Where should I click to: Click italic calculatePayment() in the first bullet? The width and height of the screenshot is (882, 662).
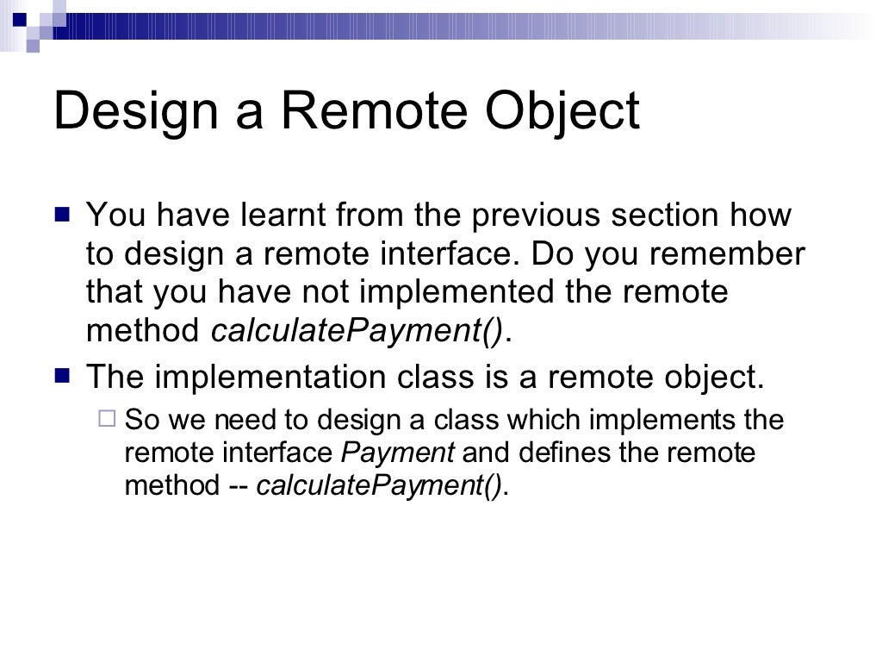pyautogui.click(x=357, y=331)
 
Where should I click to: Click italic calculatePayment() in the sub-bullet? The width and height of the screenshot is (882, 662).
pyautogui.click(x=379, y=486)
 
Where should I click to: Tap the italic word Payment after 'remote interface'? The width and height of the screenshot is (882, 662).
pyautogui.click(x=398, y=453)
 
